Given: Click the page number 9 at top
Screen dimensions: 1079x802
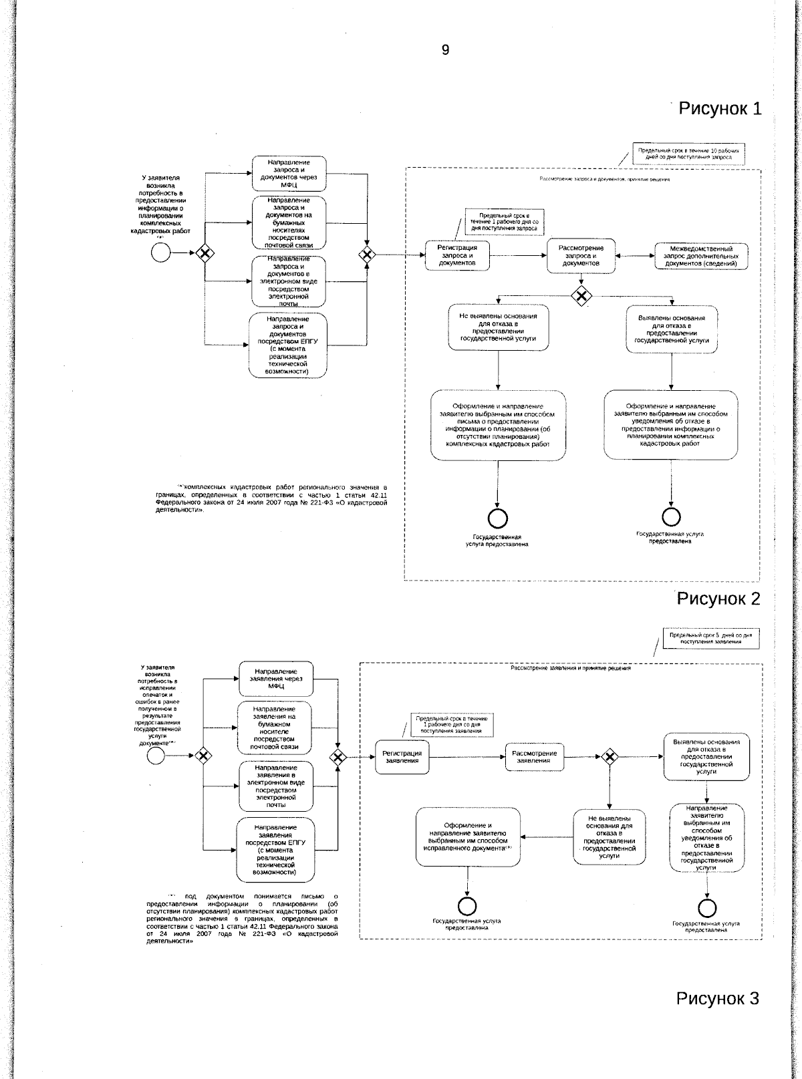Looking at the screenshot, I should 446,51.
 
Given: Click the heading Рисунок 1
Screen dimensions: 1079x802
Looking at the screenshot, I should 720,108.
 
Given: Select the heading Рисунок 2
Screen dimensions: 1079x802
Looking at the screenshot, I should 718,598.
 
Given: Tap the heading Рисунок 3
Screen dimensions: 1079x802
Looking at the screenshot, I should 718,998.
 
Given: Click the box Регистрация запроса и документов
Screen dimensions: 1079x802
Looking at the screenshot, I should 457,255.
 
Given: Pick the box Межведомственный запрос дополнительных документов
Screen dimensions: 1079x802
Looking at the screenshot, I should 701,256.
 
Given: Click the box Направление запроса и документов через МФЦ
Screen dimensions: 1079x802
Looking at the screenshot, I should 289,173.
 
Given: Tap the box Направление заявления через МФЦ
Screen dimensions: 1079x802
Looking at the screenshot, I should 276,678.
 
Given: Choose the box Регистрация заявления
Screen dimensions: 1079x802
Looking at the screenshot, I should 402,756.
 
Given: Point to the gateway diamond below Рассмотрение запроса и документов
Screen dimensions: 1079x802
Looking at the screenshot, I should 582,295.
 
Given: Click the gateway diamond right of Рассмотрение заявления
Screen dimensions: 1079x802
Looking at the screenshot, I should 609,756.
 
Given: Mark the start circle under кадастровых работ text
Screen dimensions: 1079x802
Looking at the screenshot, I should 160,252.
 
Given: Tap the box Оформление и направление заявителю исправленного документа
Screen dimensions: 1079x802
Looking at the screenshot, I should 468,838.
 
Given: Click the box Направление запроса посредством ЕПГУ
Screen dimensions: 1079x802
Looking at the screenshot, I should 288,345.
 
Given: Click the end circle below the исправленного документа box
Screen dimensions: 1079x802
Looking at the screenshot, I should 467,905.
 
